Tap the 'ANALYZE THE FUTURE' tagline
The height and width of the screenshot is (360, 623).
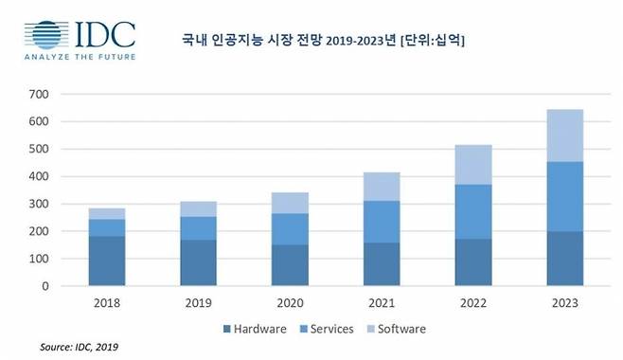(80, 59)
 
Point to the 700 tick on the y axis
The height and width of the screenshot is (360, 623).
(38, 95)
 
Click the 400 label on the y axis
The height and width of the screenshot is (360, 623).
(38, 176)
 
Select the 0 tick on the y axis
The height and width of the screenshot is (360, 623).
(44, 286)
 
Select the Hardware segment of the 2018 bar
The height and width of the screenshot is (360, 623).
(107, 261)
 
